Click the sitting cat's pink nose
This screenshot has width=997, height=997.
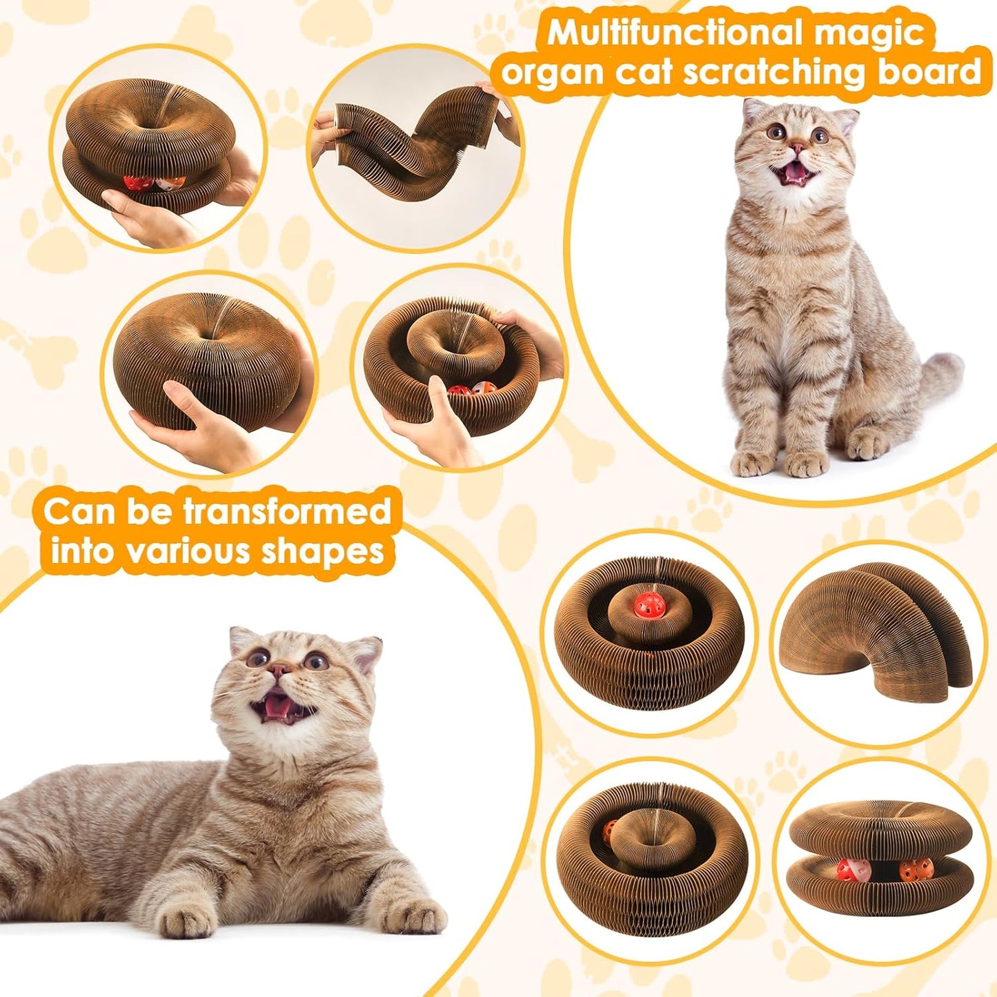coord(797,148)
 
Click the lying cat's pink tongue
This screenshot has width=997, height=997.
coord(276,705)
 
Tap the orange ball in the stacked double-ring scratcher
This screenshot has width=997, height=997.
coord(910,871)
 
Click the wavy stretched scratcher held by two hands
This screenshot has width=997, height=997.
coord(414,148)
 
